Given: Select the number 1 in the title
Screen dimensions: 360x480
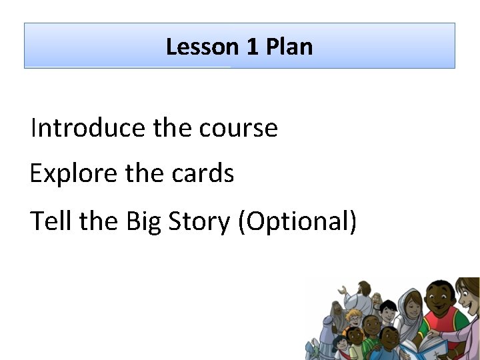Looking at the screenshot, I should pyautogui.click(x=252, y=47).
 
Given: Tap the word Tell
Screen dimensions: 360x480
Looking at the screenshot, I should pyautogui.click(x=51, y=221).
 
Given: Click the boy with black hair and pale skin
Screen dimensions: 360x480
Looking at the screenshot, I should pyautogui.click(x=388, y=312).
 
